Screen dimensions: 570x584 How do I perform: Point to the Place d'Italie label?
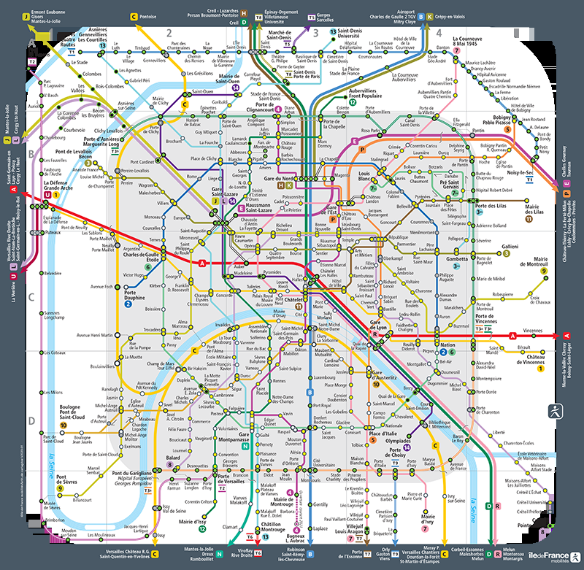(x=383, y=434)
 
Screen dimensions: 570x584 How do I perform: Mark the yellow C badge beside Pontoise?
(x=134, y=15)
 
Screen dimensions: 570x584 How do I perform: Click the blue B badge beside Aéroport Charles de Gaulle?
(x=429, y=15)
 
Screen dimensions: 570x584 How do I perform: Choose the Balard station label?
(x=174, y=458)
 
